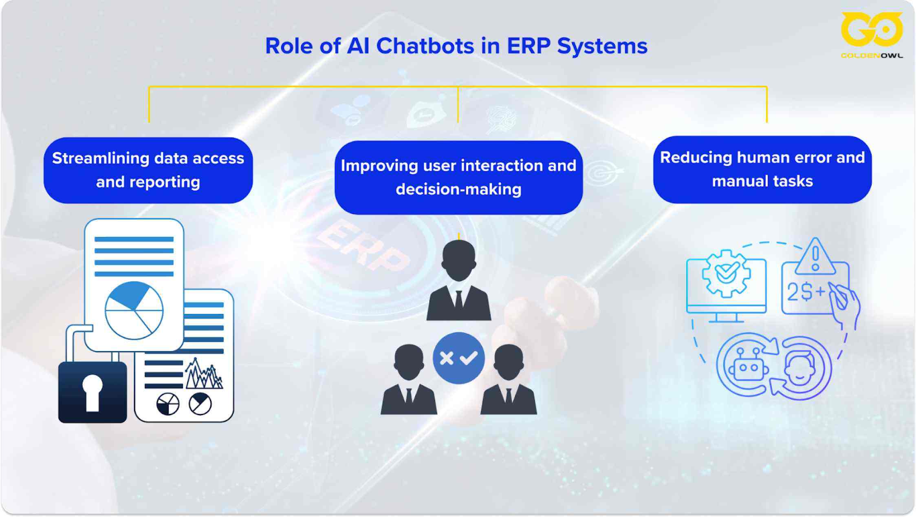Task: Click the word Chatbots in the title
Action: click(x=425, y=46)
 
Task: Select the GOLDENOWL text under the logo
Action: click(x=872, y=56)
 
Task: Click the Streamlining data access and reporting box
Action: click(x=148, y=170)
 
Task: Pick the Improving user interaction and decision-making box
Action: click(x=458, y=177)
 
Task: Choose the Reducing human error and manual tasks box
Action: click(x=762, y=169)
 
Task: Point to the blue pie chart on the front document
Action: click(x=134, y=310)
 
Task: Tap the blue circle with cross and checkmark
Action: click(x=458, y=358)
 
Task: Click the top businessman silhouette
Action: click(x=458, y=281)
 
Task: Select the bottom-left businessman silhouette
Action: click(x=409, y=381)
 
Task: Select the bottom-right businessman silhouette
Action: click(x=509, y=381)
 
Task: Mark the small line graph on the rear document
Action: click(x=204, y=374)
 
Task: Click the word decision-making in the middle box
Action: click(x=458, y=190)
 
